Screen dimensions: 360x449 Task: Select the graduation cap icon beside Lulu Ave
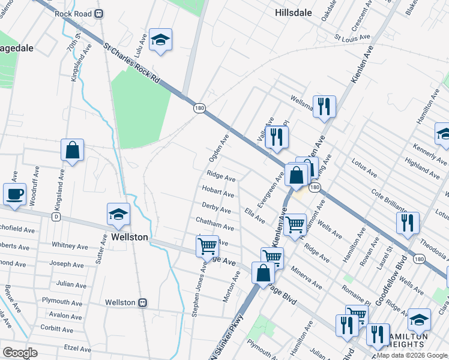(160, 41)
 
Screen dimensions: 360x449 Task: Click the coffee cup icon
(15, 194)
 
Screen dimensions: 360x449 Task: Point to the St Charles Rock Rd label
(132, 62)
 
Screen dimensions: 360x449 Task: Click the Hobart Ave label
(218, 192)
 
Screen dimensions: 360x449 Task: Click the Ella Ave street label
(255, 215)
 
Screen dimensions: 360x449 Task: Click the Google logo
(20, 353)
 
